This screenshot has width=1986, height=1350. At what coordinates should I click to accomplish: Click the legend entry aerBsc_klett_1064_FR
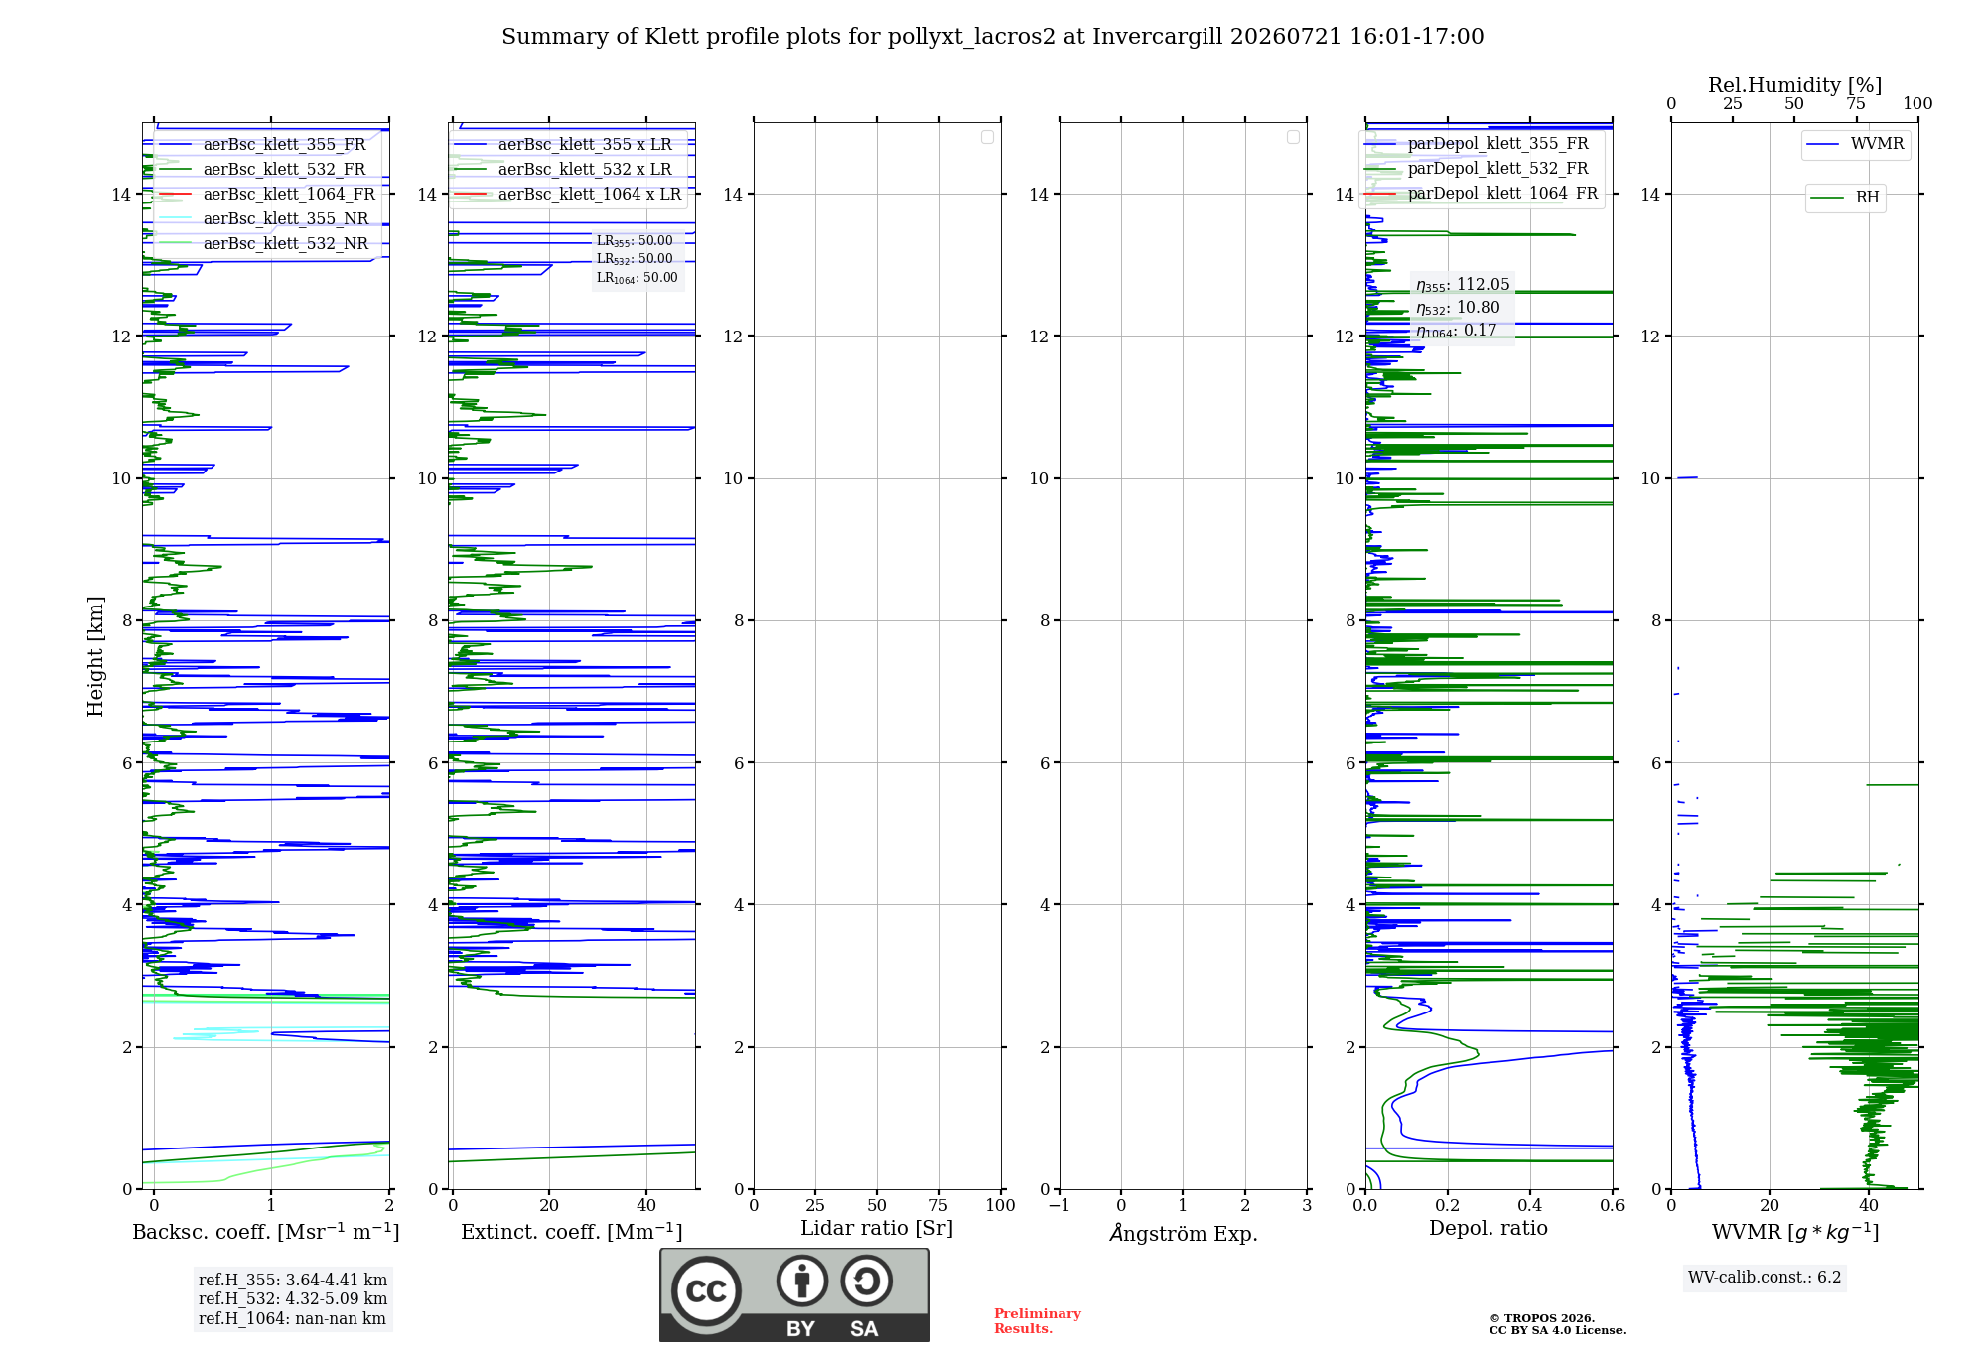pos(267,194)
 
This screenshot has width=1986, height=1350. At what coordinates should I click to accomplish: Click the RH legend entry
pos(1845,198)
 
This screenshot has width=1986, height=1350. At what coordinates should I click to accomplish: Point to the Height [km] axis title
pos(95,656)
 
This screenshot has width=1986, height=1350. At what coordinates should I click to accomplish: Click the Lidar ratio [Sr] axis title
pos(877,1229)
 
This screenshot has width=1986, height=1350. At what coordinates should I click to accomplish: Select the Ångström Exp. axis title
pos(1184,1232)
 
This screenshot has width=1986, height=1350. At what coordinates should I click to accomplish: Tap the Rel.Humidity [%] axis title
pos(1795,85)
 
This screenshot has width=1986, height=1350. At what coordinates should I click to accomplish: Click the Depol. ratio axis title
pos(1489,1228)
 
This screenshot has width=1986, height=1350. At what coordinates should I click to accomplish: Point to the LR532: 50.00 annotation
pos(635,259)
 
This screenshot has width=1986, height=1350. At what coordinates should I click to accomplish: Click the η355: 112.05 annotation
pos(1463,285)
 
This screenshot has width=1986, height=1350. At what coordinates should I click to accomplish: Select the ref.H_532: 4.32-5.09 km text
pos(293,1298)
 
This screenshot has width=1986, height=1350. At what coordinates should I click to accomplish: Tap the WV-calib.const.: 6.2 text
pos(1765,1277)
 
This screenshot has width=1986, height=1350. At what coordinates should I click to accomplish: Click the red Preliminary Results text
pos(1038,1321)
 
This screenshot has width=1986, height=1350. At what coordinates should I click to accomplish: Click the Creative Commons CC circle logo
pos(706,1290)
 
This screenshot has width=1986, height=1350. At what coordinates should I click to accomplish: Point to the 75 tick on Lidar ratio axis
pos(938,1205)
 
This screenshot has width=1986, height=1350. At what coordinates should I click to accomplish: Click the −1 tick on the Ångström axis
pos(1059,1205)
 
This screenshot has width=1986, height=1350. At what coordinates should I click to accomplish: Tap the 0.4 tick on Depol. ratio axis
pos(1530,1205)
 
